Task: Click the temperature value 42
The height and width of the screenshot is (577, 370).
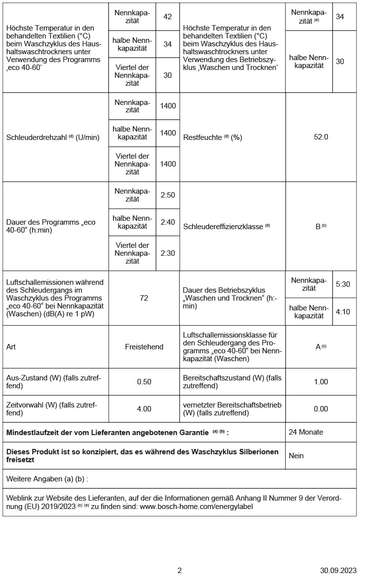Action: (x=168, y=17)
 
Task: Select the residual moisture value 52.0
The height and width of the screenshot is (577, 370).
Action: (x=321, y=137)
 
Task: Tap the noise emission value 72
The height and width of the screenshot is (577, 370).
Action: (x=144, y=298)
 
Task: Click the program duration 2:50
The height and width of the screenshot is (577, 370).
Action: (x=168, y=195)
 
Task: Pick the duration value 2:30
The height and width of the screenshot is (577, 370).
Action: (x=168, y=253)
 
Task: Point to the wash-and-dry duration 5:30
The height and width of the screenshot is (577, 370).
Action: (x=342, y=284)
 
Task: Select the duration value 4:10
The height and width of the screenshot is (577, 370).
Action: (x=342, y=311)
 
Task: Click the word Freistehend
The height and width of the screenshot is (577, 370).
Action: (x=144, y=347)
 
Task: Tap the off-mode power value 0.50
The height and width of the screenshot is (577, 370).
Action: (x=144, y=382)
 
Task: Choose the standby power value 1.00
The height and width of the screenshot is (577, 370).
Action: (x=321, y=382)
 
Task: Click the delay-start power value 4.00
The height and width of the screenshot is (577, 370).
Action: (x=144, y=408)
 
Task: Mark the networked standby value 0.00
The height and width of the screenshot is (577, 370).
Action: (x=321, y=408)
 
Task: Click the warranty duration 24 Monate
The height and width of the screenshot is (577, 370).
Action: (x=306, y=432)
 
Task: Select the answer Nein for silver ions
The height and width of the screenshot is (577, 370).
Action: (x=296, y=456)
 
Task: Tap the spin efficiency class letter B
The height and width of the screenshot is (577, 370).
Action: (x=318, y=227)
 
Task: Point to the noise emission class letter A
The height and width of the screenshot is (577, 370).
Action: (x=318, y=347)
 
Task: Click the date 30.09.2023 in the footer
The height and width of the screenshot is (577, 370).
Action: (x=338, y=571)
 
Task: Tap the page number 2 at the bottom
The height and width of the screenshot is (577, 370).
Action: (x=180, y=571)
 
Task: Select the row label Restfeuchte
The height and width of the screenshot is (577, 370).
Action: (x=202, y=137)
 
